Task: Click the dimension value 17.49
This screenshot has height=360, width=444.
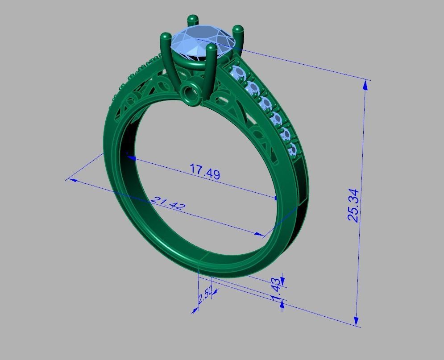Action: click(205, 172)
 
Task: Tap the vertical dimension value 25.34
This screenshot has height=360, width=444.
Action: click(353, 205)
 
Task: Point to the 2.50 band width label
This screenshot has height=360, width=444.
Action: click(204, 296)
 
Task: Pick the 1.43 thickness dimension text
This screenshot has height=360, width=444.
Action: click(276, 289)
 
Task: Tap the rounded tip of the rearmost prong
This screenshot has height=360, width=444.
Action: click(193, 19)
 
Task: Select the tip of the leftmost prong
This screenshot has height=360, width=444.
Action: click(165, 36)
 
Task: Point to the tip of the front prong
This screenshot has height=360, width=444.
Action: click(211, 49)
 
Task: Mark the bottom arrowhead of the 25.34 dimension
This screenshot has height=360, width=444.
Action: click(357, 322)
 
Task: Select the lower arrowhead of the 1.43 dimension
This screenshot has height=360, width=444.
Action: click(282, 303)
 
